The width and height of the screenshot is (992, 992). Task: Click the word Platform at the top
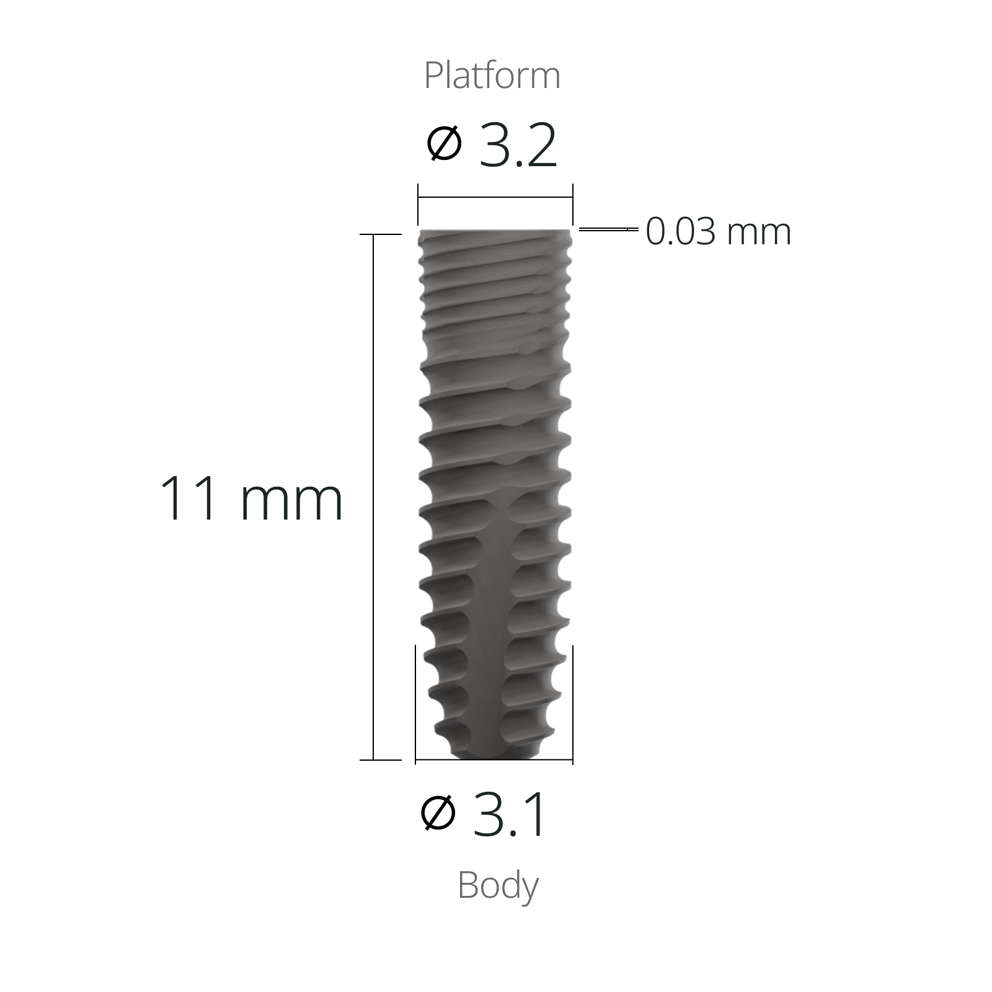click(492, 76)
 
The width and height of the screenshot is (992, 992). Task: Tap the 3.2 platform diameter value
click(518, 148)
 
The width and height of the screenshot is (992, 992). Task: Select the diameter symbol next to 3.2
click(445, 144)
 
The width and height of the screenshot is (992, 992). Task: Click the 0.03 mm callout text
click(718, 232)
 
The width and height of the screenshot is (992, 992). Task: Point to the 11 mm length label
click(251, 498)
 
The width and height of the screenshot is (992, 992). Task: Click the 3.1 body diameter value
click(510, 815)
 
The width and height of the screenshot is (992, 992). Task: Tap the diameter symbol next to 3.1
click(438, 812)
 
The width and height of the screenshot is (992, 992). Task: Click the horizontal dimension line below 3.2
click(495, 197)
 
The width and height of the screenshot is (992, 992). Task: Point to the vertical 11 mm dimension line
click(373, 496)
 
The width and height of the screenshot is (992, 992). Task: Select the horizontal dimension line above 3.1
click(494, 759)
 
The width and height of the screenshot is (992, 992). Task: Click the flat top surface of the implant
click(495, 231)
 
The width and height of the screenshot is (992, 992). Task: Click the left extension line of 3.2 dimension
click(418, 205)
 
